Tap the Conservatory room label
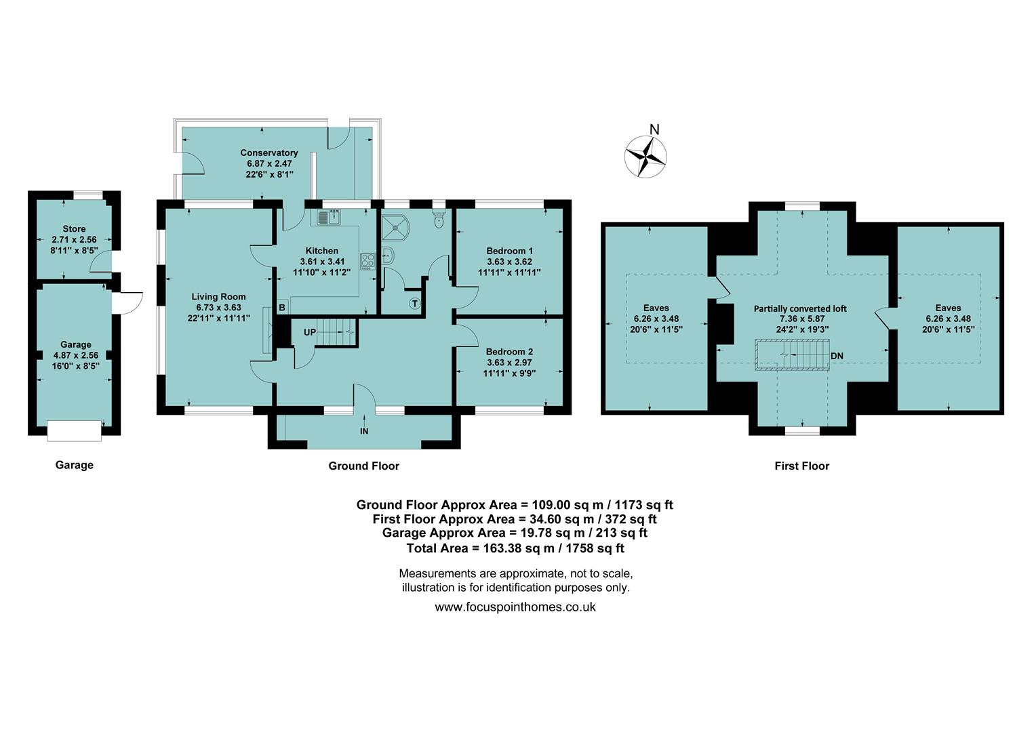(268, 153)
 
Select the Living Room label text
(218, 297)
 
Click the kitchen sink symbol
(329, 217)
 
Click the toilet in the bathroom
(439, 218)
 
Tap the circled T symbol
(414, 303)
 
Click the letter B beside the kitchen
(282, 307)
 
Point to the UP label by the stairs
(309, 332)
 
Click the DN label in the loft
(837, 356)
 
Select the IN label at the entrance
(364, 431)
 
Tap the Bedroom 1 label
(509, 251)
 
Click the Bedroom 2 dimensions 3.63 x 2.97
(509, 363)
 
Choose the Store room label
(74, 229)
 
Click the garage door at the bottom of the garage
(75, 430)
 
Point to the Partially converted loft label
(800, 308)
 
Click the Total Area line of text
(515, 548)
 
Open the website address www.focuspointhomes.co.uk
(515, 607)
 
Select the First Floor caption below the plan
(801, 466)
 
